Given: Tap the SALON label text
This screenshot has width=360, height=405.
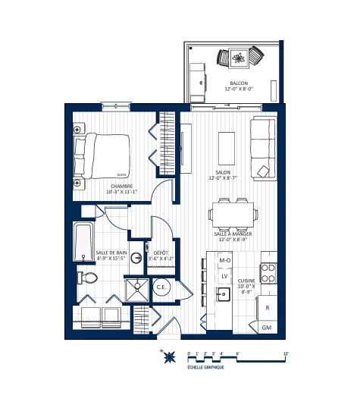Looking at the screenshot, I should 223,172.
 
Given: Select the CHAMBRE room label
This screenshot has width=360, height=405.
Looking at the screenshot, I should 122,187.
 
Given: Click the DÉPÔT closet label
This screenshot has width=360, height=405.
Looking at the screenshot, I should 161,253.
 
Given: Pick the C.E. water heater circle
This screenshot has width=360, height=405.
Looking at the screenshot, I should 161,287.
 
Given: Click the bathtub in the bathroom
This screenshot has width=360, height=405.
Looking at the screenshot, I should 82,241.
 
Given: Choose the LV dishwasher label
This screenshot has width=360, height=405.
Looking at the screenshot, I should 224,276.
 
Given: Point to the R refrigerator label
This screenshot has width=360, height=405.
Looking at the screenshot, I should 268,308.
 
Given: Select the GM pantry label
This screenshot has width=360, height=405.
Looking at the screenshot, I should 266,327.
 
